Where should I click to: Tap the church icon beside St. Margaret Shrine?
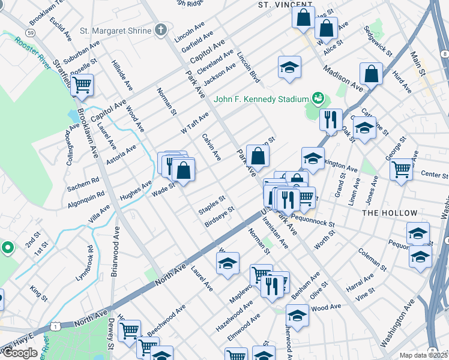tap(160, 30)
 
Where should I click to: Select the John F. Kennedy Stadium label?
tap(261, 99)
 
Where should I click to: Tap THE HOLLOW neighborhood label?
tap(390, 213)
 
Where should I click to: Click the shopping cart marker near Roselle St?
tap(82, 85)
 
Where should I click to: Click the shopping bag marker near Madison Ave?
tap(372, 74)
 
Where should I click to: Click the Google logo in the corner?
tap(20, 353)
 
